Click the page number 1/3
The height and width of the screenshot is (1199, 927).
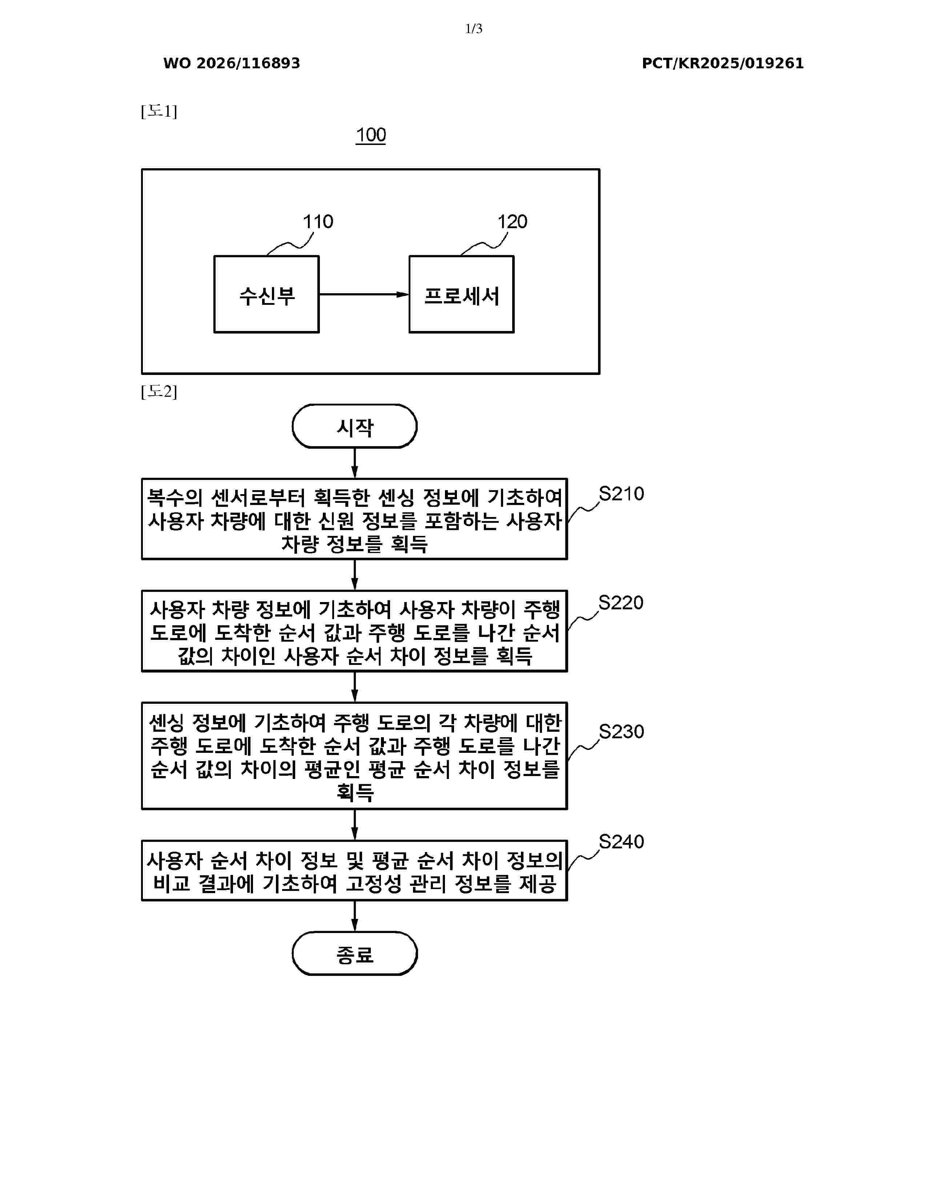[473, 29]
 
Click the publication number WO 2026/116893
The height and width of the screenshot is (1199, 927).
[232, 63]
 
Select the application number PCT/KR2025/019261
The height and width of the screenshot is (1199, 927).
[723, 63]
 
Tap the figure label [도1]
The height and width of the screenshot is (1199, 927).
[159, 112]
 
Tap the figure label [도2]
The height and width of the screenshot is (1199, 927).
[159, 391]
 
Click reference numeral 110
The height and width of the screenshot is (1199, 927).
[318, 222]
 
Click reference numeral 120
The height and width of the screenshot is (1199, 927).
[512, 222]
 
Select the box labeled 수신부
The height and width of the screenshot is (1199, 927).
[266, 294]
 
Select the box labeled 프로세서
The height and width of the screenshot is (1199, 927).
[461, 294]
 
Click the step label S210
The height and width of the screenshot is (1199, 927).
[621, 493]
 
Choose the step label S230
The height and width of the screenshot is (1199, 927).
[621, 732]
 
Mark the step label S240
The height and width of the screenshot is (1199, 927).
[621, 841]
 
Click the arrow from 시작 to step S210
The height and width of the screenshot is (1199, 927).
[355, 463]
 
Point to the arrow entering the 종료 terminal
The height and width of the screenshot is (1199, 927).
[355, 916]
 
